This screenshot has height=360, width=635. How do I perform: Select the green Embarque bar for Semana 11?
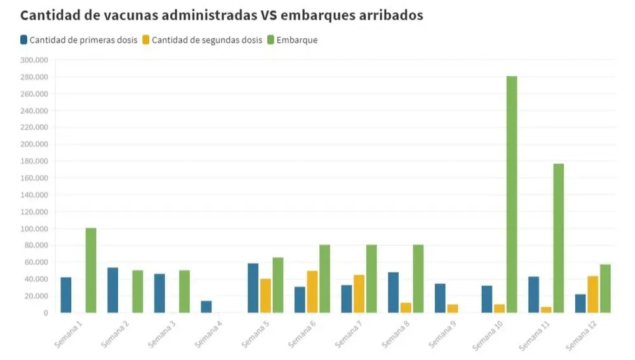click(x=558, y=238)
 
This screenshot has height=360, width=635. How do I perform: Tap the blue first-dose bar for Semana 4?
click(x=206, y=307)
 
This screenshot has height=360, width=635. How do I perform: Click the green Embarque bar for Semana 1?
click(x=91, y=270)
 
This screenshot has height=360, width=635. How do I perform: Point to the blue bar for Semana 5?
click(x=253, y=288)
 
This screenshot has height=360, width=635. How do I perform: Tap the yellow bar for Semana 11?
click(x=546, y=310)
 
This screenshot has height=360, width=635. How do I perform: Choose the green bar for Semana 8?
click(x=418, y=279)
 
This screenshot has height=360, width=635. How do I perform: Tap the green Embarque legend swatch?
click(x=271, y=40)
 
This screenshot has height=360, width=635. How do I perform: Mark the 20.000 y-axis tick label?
click(x=36, y=296)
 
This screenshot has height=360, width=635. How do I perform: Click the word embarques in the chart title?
click(x=333, y=15)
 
